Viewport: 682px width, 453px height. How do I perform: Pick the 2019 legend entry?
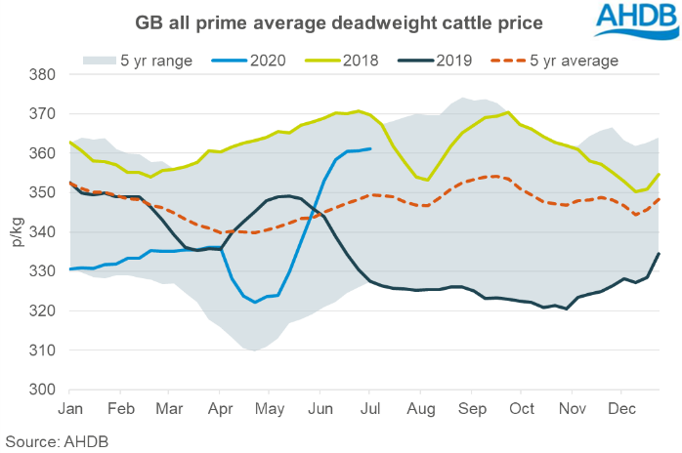point(453,61)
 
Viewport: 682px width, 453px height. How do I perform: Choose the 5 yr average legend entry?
point(573,61)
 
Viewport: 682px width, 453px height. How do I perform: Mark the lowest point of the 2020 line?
point(256,303)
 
